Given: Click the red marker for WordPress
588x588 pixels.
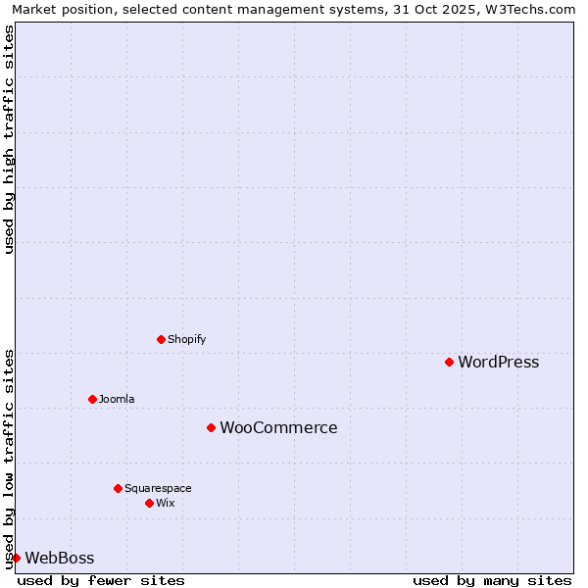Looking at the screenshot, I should pyautogui.click(x=450, y=362).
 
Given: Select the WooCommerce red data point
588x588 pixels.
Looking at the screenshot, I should pyautogui.click(x=211, y=427).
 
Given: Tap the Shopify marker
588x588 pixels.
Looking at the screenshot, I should pyautogui.click(x=162, y=339).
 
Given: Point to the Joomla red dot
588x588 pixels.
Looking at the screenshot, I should pyautogui.click(x=93, y=399).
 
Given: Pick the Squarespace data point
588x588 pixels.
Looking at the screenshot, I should pyautogui.click(x=119, y=488).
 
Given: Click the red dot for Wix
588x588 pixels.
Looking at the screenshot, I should pyautogui.click(x=150, y=503).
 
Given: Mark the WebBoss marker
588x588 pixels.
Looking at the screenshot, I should pyautogui.click(x=17, y=558).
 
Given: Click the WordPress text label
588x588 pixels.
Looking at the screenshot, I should pyautogui.click(x=498, y=362).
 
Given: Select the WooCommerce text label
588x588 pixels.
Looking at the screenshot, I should pyautogui.click(x=278, y=427).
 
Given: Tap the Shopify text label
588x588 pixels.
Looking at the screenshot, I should pyautogui.click(x=186, y=339).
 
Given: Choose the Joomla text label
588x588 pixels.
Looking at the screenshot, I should pyautogui.click(x=117, y=399).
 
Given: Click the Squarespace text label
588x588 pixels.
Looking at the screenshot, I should pyautogui.click(x=158, y=488).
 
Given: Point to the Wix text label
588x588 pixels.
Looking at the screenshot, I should pyautogui.click(x=166, y=503).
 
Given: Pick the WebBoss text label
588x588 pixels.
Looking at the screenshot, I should pyautogui.click(x=60, y=558).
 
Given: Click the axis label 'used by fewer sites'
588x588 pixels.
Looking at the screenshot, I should pyautogui.click(x=101, y=580).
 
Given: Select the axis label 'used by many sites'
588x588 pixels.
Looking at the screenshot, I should pyautogui.click(x=492, y=580).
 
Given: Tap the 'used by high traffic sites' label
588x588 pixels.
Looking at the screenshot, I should pyautogui.click(x=9, y=140).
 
